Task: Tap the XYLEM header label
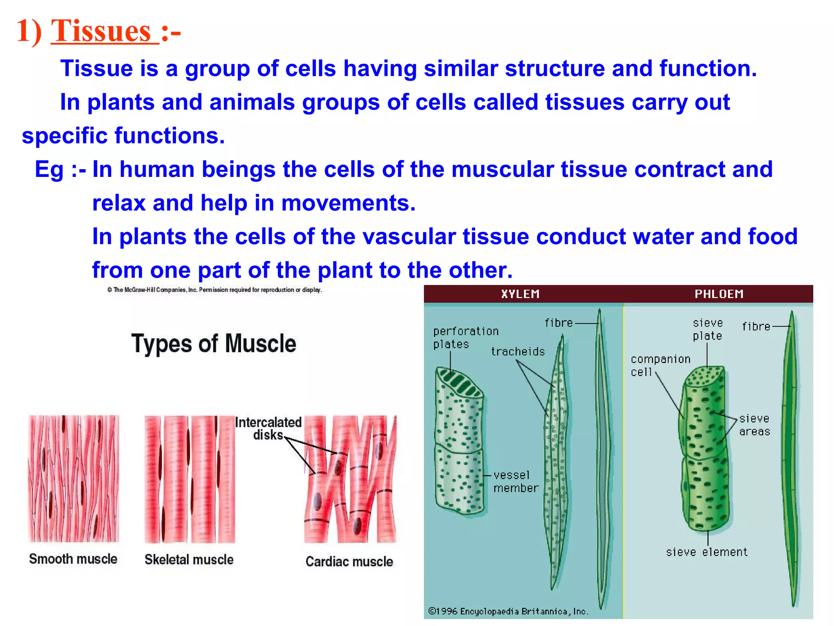coord(520,294)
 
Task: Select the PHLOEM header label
coord(719,294)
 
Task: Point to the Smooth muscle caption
coord(73,559)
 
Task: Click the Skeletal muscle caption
coord(189,560)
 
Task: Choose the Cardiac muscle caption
coord(349,562)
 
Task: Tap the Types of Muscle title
coord(213,344)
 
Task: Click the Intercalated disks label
coord(268,428)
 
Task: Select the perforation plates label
coord(465,337)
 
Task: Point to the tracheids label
coord(518,351)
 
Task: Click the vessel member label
coord(516,481)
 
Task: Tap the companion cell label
coord(660,365)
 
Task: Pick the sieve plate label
coord(707,329)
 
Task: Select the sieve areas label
coord(755,425)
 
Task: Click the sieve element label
coord(707,552)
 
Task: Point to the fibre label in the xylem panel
coord(559,323)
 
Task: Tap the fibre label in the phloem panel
coord(756,326)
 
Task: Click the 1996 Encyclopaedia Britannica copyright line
coord(508,611)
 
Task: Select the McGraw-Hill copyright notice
coord(215,290)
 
